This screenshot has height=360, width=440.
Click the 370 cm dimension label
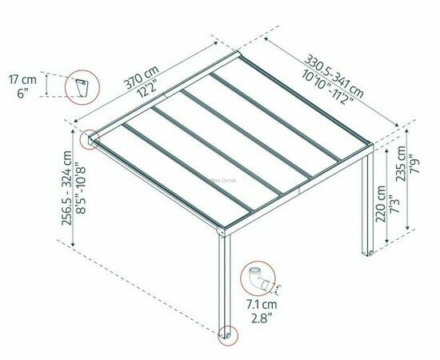click(141, 77)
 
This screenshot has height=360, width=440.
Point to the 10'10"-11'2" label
click(327, 87)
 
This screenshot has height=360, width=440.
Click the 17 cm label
click(22, 80)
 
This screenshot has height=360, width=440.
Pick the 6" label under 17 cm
click(22, 93)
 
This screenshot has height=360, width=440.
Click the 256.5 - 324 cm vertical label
click(66, 188)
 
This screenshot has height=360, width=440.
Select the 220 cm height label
click(381, 204)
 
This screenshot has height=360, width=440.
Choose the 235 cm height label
click(400, 163)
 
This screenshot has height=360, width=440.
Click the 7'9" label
click(414, 163)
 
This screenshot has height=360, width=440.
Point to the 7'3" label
click(394, 204)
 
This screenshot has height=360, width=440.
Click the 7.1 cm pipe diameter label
click(262, 304)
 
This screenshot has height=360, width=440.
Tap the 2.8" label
click(262, 318)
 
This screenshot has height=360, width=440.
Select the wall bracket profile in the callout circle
click(82, 88)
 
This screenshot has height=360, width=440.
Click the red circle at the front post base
click(228, 335)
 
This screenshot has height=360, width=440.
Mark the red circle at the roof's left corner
click(90, 139)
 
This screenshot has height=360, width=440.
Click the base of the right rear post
click(367, 253)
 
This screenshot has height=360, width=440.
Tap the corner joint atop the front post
click(221, 231)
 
